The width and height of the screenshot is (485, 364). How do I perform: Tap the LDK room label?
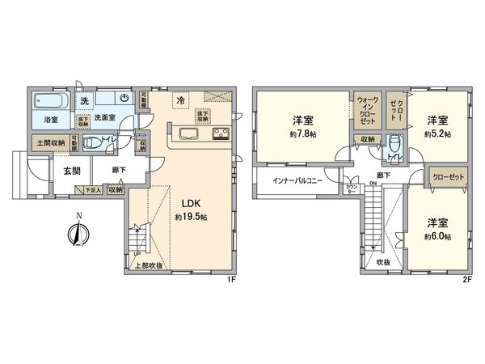191,204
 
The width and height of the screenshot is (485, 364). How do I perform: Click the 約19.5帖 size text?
192,218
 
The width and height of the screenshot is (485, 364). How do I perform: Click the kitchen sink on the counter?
188,134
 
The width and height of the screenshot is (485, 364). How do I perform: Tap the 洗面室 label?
106,118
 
